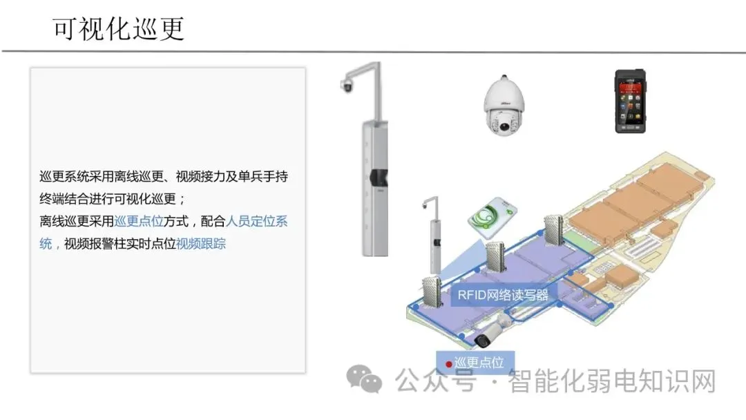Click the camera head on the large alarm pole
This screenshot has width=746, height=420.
point(347,86)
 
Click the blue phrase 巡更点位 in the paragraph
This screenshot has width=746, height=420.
point(139,222)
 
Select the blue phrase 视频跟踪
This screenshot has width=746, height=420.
point(201,243)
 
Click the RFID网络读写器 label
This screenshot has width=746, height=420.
point(502,295)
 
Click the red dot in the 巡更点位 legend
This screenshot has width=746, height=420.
point(448,363)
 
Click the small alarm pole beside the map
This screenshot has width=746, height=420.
point(434,235)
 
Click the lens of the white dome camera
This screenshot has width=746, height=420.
point(506,126)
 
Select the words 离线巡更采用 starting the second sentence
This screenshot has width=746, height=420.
point(77,222)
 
